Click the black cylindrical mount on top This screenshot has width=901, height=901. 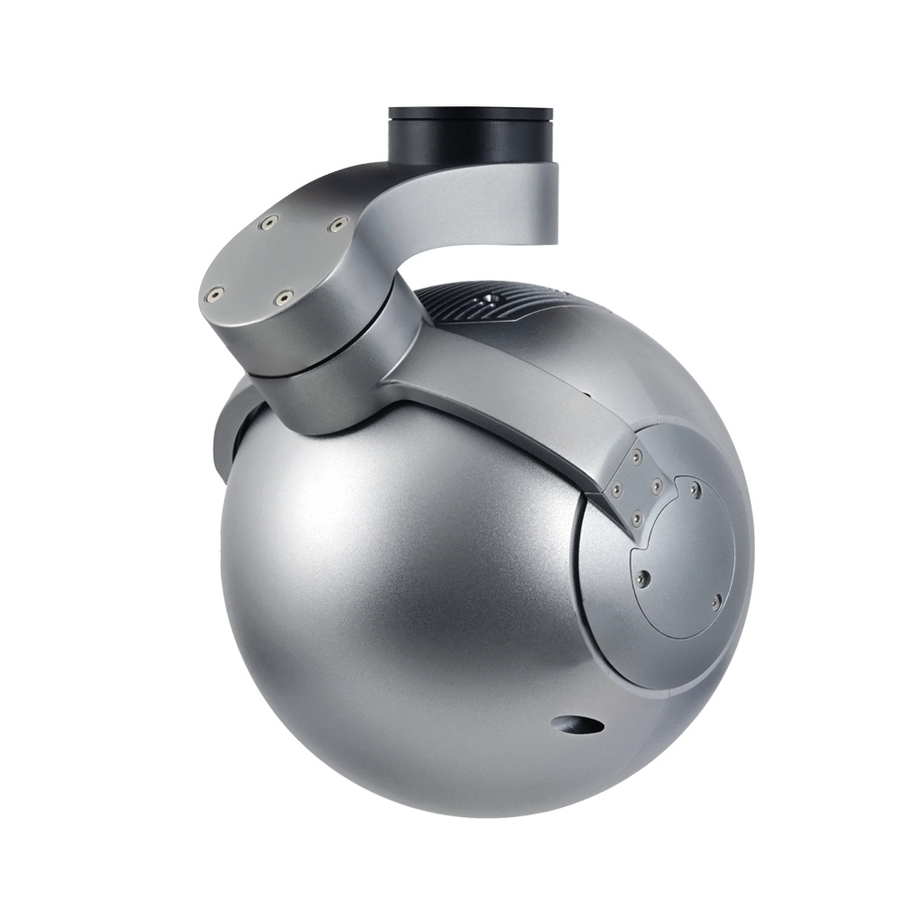coord(469,135)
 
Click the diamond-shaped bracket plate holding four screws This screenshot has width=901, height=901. coord(637,487)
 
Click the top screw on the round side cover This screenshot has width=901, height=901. coord(695,491)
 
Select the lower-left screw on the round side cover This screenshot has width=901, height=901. coord(641,578)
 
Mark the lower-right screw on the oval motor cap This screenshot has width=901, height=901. coord(283,296)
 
